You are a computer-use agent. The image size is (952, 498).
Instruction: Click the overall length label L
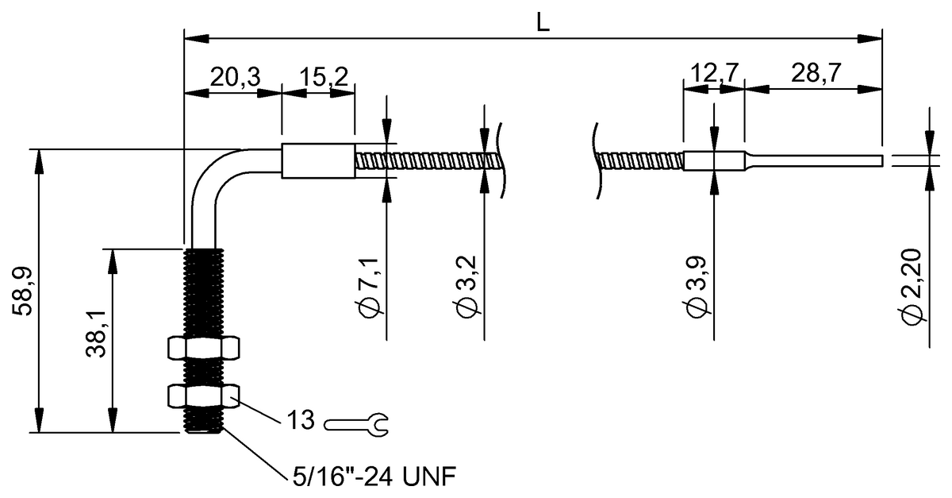tap(543, 22)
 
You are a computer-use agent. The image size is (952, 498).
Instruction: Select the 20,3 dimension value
tap(232, 77)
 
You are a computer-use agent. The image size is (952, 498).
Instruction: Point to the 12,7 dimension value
tap(712, 74)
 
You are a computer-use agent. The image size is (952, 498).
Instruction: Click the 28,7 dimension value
tap(816, 74)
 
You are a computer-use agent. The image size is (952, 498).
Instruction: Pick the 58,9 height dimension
tap(24, 290)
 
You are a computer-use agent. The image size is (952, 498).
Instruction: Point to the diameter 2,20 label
tap(912, 286)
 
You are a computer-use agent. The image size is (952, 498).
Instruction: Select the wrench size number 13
tap(301, 421)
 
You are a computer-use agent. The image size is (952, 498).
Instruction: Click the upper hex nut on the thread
tap(204, 348)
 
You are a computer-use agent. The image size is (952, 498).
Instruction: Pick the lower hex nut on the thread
tap(204, 395)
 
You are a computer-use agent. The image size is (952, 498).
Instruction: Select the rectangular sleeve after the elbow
tap(319, 161)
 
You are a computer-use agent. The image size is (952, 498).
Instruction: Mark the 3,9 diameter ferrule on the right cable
tap(714, 160)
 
